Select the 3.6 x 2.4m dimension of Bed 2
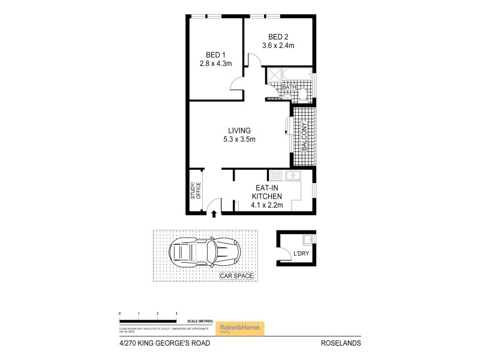click(x=278, y=45)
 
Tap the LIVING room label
click(x=239, y=131)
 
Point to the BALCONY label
click(x=304, y=137)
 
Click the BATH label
click(x=289, y=88)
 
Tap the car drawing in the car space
click(x=205, y=254)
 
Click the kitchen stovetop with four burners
click(x=277, y=175)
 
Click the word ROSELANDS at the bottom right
click(x=341, y=344)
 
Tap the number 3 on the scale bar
click(x=176, y=314)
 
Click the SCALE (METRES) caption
click(x=199, y=322)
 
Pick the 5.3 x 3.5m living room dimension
click(x=239, y=140)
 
